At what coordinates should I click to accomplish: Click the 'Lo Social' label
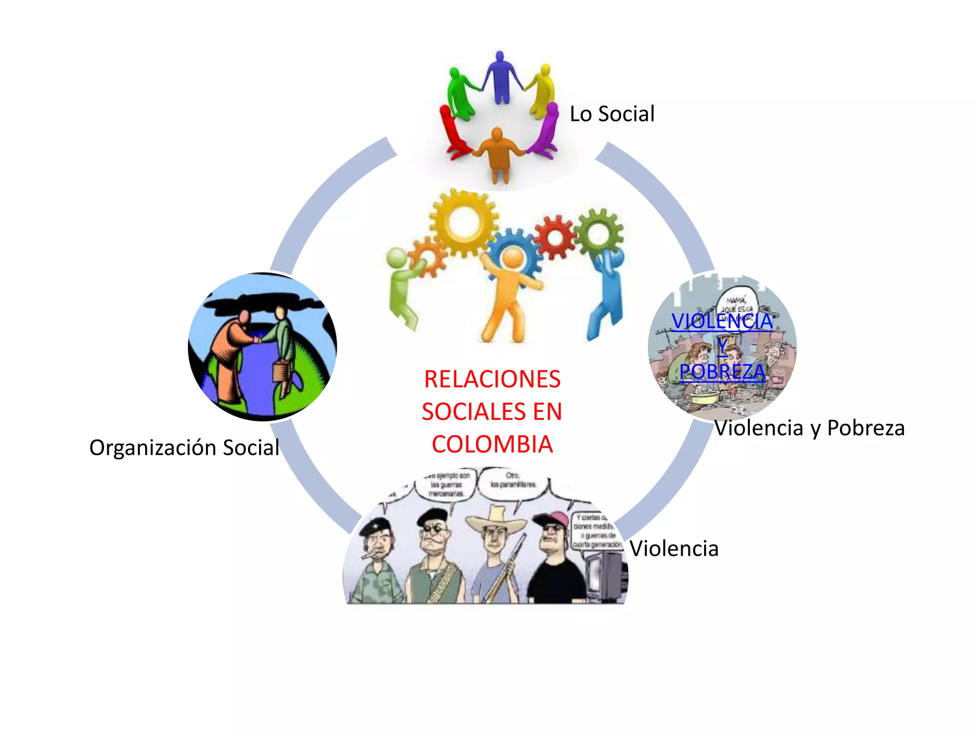612,114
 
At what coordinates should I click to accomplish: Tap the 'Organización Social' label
184,448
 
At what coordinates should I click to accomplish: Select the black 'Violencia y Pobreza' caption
810,428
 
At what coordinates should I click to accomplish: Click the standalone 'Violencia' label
674,549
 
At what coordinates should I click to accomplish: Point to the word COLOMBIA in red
492,444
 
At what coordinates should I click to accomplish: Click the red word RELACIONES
492,379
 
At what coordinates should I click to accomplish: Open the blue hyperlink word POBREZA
722,372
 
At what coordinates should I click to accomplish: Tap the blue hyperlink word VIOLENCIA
722,321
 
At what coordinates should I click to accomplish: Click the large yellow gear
463,222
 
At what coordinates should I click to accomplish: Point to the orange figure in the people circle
498,153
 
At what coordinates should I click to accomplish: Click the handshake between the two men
257,340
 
